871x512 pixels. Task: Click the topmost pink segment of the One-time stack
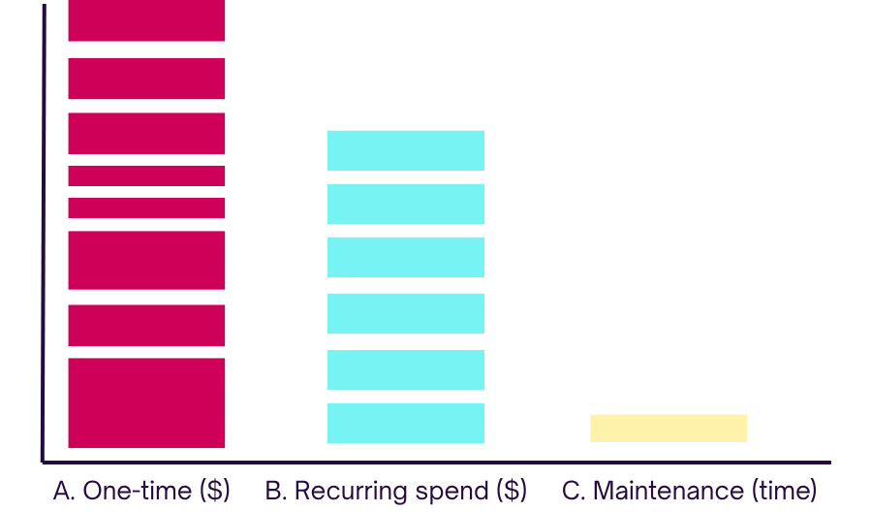click(x=146, y=20)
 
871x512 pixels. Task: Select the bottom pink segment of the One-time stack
click(x=146, y=403)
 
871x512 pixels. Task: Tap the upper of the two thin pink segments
click(x=146, y=176)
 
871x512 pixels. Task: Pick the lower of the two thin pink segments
click(x=146, y=208)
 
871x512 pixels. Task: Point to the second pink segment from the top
click(x=146, y=79)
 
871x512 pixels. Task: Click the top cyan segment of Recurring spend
click(x=406, y=150)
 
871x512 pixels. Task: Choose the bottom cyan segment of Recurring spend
click(x=406, y=423)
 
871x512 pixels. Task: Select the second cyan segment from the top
click(x=406, y=204)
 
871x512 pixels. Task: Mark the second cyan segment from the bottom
click(x=406, y=369)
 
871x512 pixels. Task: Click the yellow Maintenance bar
click(x=669, y=428)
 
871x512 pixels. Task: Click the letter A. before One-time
click(x=64, y=491)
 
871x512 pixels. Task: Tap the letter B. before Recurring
click(x=277, y=491)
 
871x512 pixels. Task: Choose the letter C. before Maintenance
click(x=575, y=491)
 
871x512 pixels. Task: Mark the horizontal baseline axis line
click(x=436, y=462)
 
